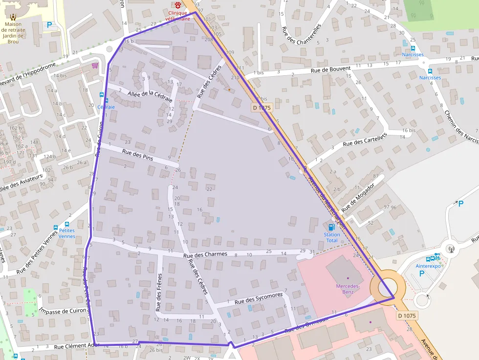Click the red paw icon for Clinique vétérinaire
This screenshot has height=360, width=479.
coord(177,5)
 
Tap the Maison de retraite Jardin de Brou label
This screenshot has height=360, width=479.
coord(13,32)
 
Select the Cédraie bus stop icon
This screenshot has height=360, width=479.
coord(102,95)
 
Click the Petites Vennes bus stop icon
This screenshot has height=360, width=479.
coord(55,227)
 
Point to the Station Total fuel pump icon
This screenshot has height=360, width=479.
coord(332,227)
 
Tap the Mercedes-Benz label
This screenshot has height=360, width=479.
coord(348,289)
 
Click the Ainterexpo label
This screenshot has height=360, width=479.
coord(428,266)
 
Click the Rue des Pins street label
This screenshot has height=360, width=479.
coord(137,155)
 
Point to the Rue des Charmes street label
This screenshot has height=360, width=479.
coord(205,254)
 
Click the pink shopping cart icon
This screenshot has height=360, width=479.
coord(95,65)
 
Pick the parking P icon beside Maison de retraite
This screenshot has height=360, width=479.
coord(49,25)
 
